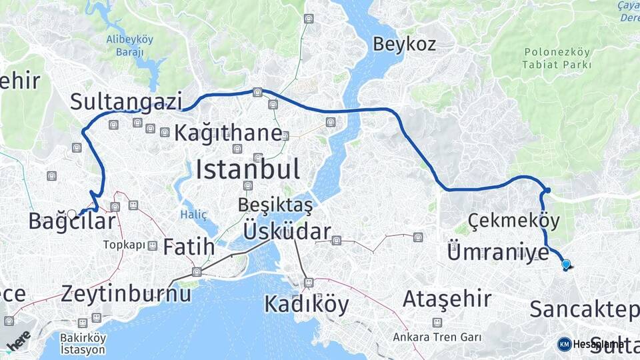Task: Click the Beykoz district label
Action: coord(404,45)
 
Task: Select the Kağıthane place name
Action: coord(228,133)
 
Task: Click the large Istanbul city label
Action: coord(247,169)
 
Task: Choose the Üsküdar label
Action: coord(287,231)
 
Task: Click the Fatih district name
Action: coord(189,246)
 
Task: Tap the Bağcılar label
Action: coord(71,221)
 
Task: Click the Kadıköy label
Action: coord(306,304)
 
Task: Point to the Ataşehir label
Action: coord(447,298)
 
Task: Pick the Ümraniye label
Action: coord(497,253)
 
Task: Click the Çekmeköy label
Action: coord(513,220)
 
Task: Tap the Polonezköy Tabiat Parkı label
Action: coord(557,58)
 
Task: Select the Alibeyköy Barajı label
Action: coord(129,45)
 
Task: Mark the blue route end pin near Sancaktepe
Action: coord(566,264)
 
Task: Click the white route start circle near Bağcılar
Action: coord(71,214)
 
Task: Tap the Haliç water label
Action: coord(193,214)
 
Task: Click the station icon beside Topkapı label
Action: coord(153,245)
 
